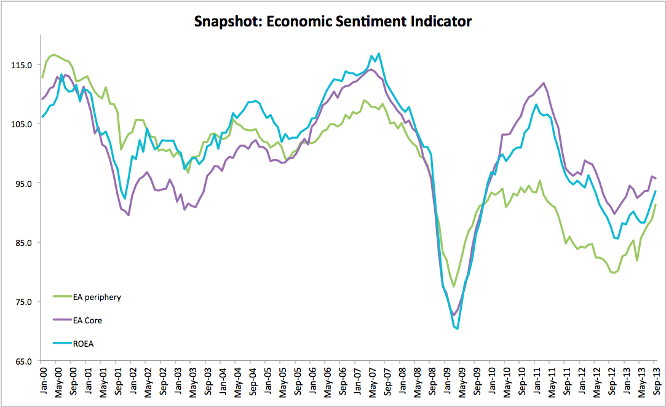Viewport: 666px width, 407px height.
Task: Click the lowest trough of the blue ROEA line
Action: click(458, 328)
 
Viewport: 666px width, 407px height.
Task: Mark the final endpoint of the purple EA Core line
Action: click(656, 178)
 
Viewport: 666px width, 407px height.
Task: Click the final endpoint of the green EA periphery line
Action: click(656, 205)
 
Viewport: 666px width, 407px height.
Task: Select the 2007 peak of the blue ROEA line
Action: click(378, 53)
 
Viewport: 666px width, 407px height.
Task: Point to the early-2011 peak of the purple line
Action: click(544, 83)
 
